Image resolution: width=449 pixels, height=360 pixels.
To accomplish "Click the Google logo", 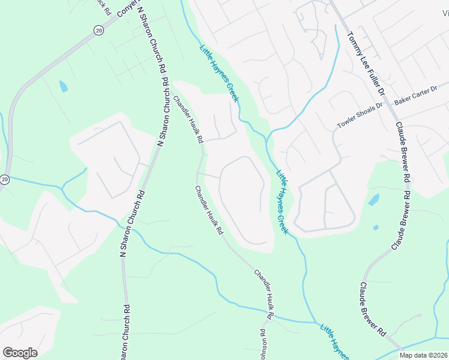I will (x=20, y=353).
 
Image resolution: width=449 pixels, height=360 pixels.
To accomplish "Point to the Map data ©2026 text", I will (x=423, y=355).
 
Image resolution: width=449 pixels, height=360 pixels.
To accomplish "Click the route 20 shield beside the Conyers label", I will (x=97, y=31).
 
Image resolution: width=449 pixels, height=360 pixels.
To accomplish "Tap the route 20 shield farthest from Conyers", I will (x=5, y=179).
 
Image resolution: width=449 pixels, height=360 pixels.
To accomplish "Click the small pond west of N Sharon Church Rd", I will (x=63, y=86).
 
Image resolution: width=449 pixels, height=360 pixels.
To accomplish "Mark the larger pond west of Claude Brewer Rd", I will (x=373, y=200).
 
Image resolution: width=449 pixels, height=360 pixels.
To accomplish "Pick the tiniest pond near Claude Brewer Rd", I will (x=376, y=227).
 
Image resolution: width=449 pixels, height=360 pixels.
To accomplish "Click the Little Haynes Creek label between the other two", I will (x=283, y=202).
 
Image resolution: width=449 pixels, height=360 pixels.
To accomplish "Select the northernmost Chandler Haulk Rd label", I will (x=187, y=119).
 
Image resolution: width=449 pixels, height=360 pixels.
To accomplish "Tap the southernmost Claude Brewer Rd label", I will (x=372, y=309).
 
